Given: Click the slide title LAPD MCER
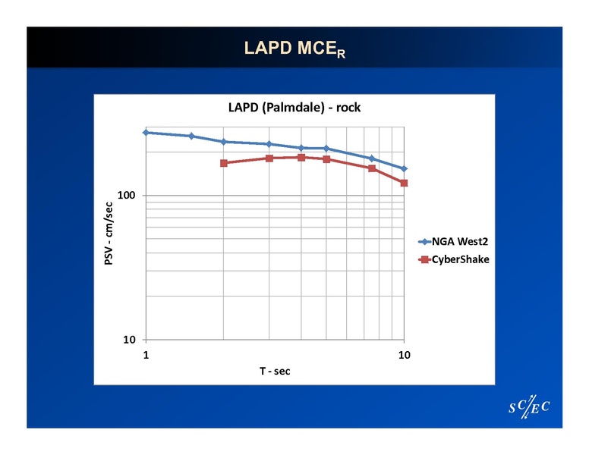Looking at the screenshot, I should click(294, 49).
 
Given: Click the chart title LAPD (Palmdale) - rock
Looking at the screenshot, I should click(294, 108).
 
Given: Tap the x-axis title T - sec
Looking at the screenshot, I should click(275, 371).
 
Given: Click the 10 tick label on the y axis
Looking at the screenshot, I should click(128, 340).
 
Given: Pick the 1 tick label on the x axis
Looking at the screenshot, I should click(146, 354).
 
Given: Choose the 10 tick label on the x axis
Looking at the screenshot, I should click(404, 354).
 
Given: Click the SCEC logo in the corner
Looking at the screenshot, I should click(528, 408).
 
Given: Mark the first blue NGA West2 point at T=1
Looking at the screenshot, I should click(146, 132).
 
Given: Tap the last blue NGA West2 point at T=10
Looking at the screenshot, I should click(404, 168).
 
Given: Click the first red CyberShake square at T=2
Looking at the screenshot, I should click(224, 163).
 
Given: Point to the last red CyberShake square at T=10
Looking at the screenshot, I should click(404, 183).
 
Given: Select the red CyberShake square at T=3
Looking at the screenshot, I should click(269, 158).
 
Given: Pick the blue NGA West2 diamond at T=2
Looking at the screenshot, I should click(224, 142).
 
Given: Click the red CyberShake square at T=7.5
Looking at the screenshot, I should click(372, 168).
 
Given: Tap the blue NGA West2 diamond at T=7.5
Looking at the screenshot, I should click(372, 158).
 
